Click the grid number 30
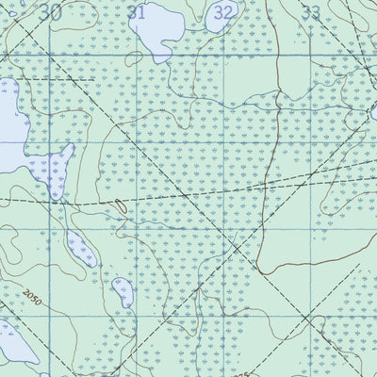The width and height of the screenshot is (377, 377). tap(51, 12)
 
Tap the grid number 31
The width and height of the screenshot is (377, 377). tap(137, 12)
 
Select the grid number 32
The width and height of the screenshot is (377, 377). tap(223, 12)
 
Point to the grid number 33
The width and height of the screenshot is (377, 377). tap(310, 12)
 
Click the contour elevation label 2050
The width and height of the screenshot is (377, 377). tap(36, 299)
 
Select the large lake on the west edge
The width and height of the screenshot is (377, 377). tap(11, 118)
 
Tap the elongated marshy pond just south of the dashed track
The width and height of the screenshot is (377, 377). tap(82, 247)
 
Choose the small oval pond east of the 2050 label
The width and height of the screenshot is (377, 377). tap(123, 292)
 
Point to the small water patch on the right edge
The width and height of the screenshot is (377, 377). tap(373, 114)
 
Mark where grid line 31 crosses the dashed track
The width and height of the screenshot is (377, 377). tap(139, 198)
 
